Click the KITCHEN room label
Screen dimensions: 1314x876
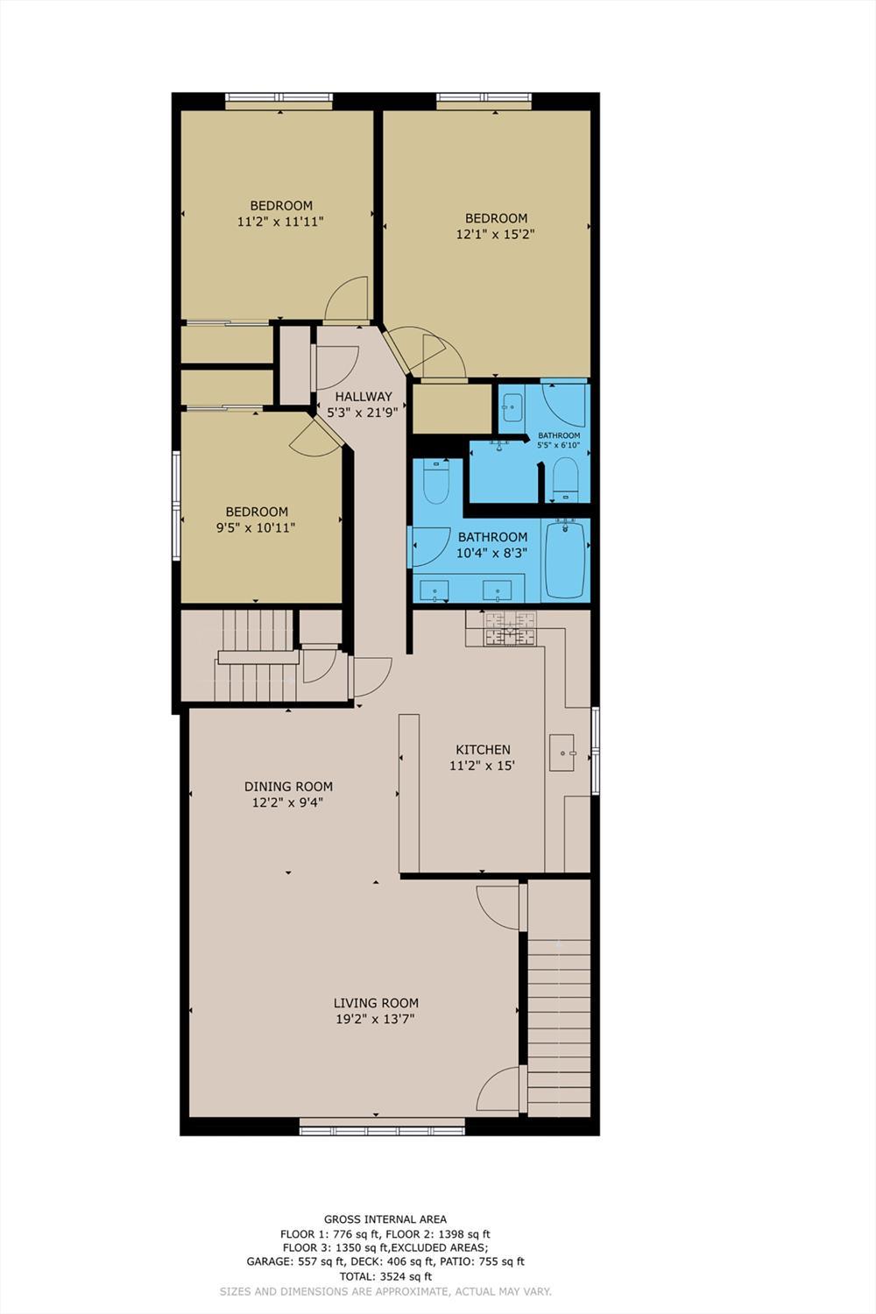(x=483, y=750)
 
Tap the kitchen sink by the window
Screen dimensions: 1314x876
(x=561, y=752)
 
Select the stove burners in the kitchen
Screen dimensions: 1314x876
(x=510, y=629)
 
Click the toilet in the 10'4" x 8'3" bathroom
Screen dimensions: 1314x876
(x=435, y=481)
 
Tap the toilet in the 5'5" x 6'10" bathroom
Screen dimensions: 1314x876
(x=566, y=479)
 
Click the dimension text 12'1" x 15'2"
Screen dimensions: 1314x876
(x=495, y=235)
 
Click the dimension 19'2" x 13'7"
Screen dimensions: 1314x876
(x=375, y=1019)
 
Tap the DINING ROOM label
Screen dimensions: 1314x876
(x=288, y=787)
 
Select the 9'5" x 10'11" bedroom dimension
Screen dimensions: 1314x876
(x=256, y=527)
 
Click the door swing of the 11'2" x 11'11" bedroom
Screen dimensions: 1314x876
(x=349, y=300)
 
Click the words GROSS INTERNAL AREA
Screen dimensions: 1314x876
(x=385, y=1219)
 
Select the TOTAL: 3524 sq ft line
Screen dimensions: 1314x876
(x=385, y=1276)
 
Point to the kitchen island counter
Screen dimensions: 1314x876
(x=409, y=793)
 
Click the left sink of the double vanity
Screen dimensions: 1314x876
(x=435, y=590)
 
